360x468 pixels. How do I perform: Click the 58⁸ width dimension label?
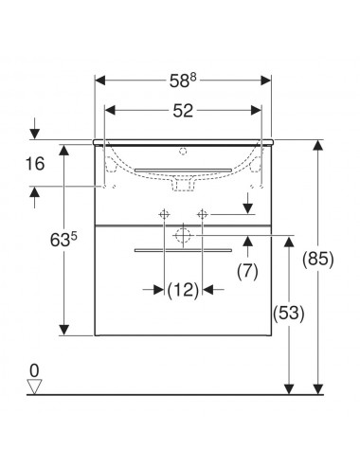[x=183, y=81]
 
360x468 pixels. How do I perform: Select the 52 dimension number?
[x=183, y=111]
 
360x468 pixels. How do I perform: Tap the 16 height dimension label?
[x=35, y=164]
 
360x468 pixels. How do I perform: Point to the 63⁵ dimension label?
[x=63, y=240]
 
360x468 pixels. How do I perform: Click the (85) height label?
[x=318, y=260]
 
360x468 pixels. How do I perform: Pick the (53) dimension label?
[x=289, y=313]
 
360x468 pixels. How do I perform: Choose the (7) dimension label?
[x=247, y=271]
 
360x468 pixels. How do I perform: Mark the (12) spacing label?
[x=183, y=290]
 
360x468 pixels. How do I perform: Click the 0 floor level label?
[x=34, y=370]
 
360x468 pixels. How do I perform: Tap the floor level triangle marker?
[x=34, y=387]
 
